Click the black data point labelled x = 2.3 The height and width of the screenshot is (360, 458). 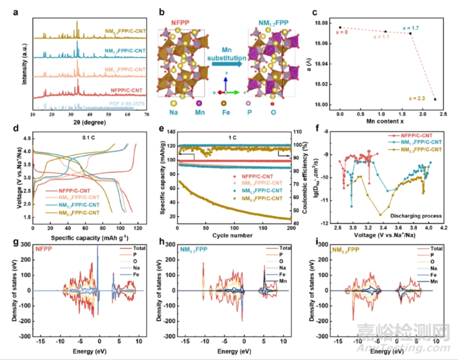pyautogui.click(x=435, y=99)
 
